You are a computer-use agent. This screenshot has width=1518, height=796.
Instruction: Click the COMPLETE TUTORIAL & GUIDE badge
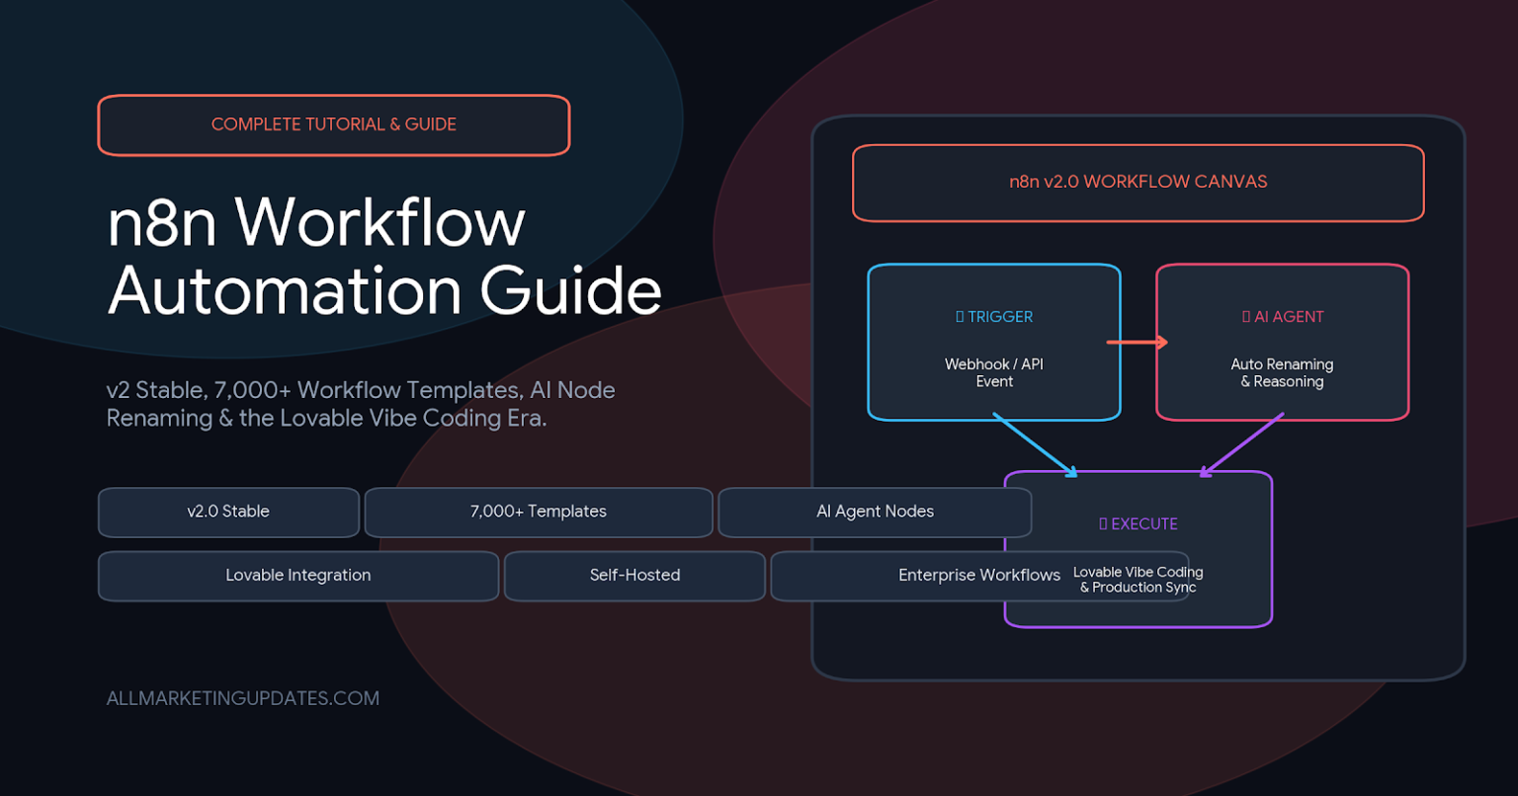pyautogui.click(x=333, y=125)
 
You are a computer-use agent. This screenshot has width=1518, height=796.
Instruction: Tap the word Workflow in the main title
pyautogui.click(x=380, y=223)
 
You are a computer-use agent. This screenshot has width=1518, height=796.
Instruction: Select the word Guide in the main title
pyautogui.click(x=570, y=291)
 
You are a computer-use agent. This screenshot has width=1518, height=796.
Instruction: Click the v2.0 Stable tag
pyautogui.click(x=228, y=513)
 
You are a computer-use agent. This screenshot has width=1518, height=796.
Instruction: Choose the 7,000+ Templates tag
pyautogui.click(x=538, y=513)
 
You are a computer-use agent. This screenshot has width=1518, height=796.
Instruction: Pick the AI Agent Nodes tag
pyautogui.click(x=875, y=513)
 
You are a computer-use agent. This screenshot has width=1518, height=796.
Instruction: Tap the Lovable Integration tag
pyautogui.click(x=298, y=576)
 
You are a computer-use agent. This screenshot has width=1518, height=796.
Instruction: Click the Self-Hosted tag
pyautogui.click(x=635, y=576)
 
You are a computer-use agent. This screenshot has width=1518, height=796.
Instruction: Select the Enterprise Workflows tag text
pyautogui.click(x=979, y=575)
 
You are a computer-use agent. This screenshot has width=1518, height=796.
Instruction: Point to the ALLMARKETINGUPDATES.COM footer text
pyautogui.click(x=242, y=698)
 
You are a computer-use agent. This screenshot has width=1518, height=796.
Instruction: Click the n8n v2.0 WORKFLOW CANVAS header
pyautogui.click(x=1138, y=183)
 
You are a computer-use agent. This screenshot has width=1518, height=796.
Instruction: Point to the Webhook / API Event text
pyautogui.click(x=994, y=372)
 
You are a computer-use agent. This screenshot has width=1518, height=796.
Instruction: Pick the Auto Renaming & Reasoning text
pyautogui.click(x=1282, y=372)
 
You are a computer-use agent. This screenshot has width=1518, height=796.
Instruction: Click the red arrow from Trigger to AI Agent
pyautogui.click(x=1138, y=342)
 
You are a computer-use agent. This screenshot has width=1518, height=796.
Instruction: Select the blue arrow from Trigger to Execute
pyautogui.click(x=1035, y=444)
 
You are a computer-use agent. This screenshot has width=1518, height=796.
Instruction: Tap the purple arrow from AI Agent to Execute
pyautogui.click(x=1241, y=444)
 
